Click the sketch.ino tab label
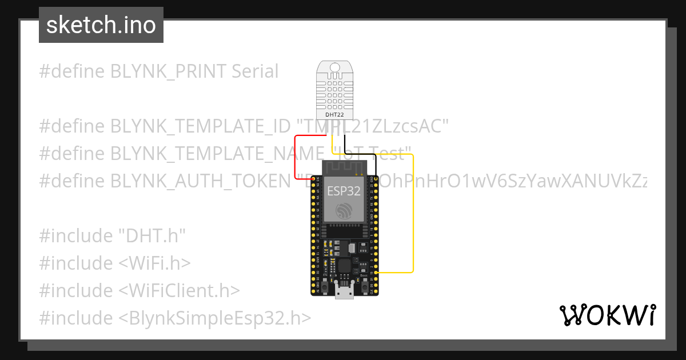pyautogui.click(x=101, y=25)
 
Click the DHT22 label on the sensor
pyautogui.click(x=334, y=115)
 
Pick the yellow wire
pyautogui.click(x=412, y=217)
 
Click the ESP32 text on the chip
pyautogui.click(x=344, y=191)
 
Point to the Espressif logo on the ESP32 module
pyautogui.click(x=344, y=210)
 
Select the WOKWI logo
pyautogui.click(x=607, y=315)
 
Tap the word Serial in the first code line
pyautogui.click(x=255, y=71)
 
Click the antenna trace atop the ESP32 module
pyautogui.click(x=344, y=167)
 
